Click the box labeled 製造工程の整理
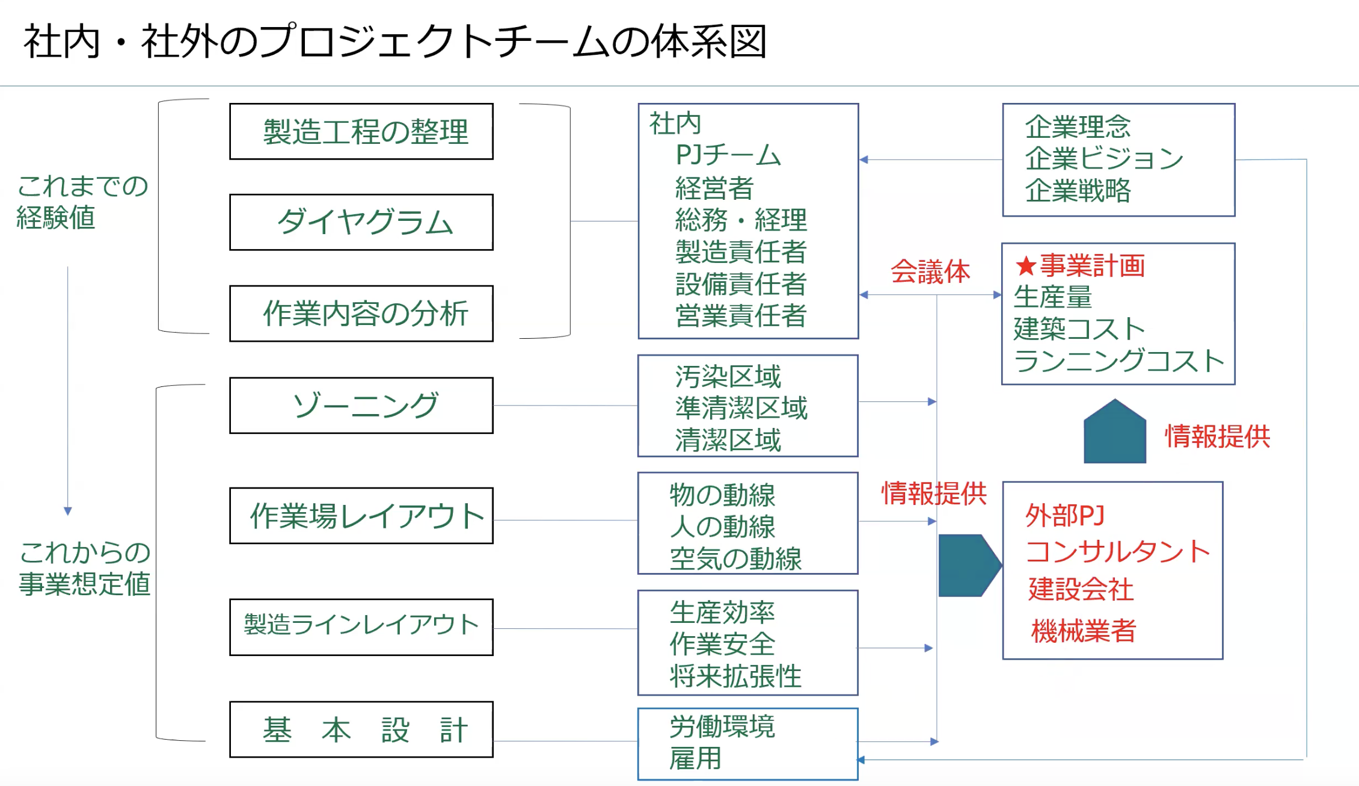pyautogui.click(x=361, y=131)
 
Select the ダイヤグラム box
pyautogui.click(x=361, y=222)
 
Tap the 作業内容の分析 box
pyautogui.click(x=361, y=314)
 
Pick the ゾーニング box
pyautogui.click(x=361, y=406)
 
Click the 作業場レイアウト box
pyautogui.click(x=361, y=516)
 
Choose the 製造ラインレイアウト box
pyautogui.click(x=361, y=627)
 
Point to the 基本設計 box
pyautogui.click(x=361, y=729)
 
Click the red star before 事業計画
pyautogui.click(x=1025, y=265)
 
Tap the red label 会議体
pyautogui.click(x=930, y=271)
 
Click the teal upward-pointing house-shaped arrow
pyautogui.click(x=1114, y=433)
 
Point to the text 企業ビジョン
pyautogui.click(x=1103, y=158)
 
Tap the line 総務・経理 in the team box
pyautogui.click(x=741, y=220)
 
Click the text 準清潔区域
pyautogui.click(x=741, y=408)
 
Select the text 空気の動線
pyautogui.click(x=735, y=559)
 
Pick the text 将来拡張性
pyautogui.click(x=735, y=676)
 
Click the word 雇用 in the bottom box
pyautogui.click(x=695, y=758)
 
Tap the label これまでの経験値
pyautogui.click(x=82, y=202)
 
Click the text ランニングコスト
pyautogui.click(x=1118, y=361)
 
